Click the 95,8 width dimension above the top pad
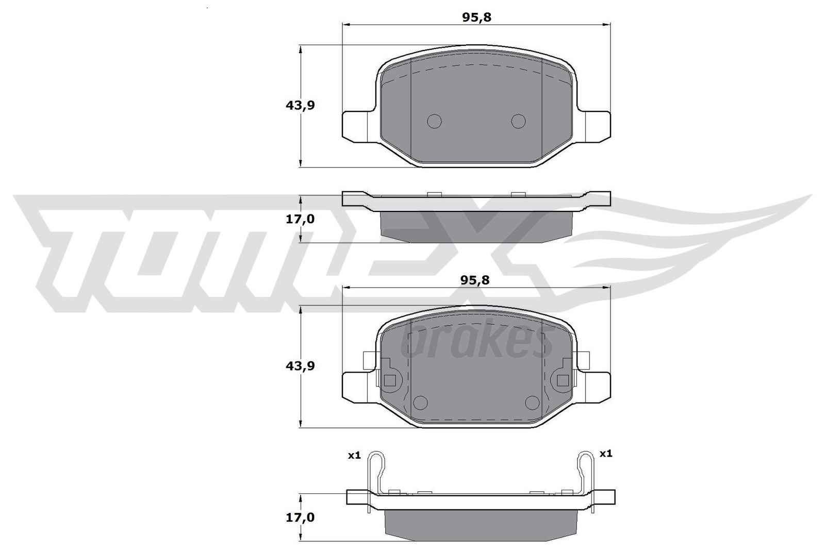[x=477, y=17]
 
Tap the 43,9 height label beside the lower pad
[x=300, y=366]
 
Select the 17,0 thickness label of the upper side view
[x=300, y=219]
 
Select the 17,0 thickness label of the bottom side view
[x=300, y=517]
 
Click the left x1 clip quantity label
[x=354, y=455]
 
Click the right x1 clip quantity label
[x=605, y=454]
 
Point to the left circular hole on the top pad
[x=435, y=121]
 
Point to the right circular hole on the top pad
[x=518, y=121]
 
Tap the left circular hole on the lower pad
[x=421, y=402]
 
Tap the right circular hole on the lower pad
[x=531, y=402]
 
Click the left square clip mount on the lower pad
[x=390, y=381]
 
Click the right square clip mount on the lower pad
[x=563, y=381]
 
